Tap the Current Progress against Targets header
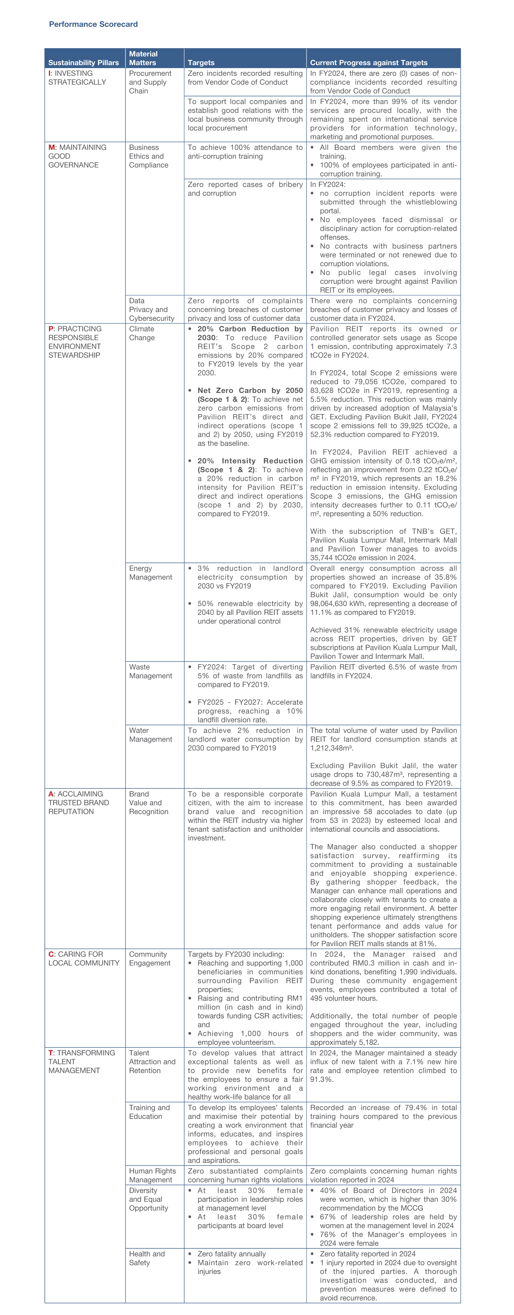point(369,63)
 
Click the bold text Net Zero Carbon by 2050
point(250,390)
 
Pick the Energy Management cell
point(151,573)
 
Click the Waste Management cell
point(151,671)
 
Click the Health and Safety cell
point(147,1258)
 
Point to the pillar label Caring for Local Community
point(84,959)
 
